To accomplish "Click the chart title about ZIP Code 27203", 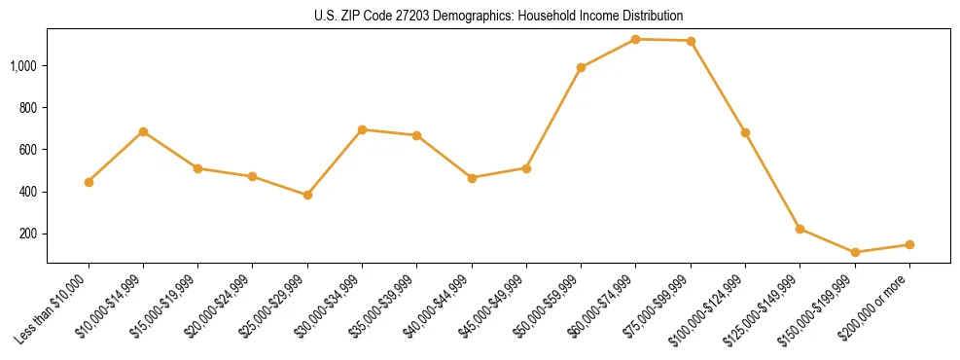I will [x=499, y=16].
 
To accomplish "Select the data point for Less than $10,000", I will [x=89, y=182].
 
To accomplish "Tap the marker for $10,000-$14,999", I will [x=143, y=131].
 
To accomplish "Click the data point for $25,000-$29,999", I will [x=307, y=195].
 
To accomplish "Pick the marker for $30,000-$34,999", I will [x=362, y=129].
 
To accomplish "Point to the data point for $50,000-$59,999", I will [x=581, y=67].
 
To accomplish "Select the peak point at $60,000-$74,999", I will [x=635, y=39].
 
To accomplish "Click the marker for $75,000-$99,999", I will [x=691, y=41].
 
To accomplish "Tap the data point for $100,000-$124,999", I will [x=745, y=132].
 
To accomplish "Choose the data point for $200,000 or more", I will [x=909, y=244].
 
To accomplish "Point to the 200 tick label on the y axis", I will [x=29, y=234].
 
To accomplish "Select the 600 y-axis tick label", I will [x=29, y=150].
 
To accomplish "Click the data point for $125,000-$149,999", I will [x=800, y=229].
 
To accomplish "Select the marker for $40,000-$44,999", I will [x=472, y=178].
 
